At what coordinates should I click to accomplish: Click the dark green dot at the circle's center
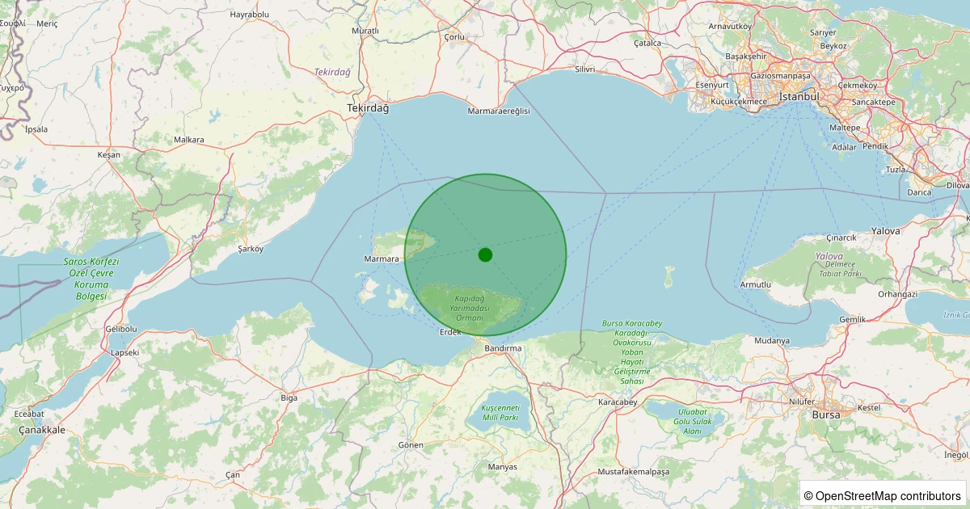[x=485, y=254]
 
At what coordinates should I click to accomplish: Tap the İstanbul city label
[x=799, y=97]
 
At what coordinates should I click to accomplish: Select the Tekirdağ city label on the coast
[x=368, y=108]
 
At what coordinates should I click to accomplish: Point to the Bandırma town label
[x=503, y=348]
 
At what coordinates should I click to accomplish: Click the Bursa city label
[x=825, y=414]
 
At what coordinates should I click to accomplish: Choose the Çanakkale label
[x=41, y=430]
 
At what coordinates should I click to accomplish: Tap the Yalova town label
[x=885, y=231]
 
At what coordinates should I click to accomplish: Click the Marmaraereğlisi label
[x=499, y=111]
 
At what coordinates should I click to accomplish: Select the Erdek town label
[x=449, y=332]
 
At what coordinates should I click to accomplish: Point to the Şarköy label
[x=251, y=249]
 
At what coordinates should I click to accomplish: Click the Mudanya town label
[x=771, y=340]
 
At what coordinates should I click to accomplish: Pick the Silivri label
[x=584, y=69]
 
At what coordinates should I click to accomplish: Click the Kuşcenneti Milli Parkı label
[x=499, y=412]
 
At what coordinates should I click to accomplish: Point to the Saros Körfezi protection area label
[x=91, y=279]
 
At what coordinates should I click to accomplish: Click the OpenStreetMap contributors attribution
[x=883, y=495]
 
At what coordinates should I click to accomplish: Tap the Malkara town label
[x=188, y=140]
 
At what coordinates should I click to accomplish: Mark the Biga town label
[x=289, y=398]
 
